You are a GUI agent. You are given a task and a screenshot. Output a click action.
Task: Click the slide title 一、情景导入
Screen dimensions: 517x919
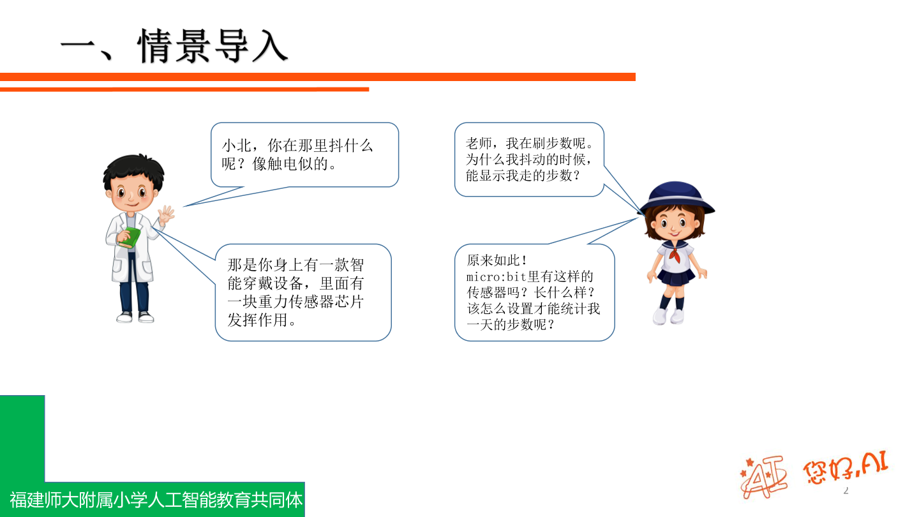pyautogui.click(x=174, y=47)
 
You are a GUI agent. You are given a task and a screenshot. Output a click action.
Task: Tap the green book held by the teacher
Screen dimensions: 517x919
pyautogui.click(x=130, y=237)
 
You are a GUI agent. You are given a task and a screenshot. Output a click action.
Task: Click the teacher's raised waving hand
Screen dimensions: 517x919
pyautogui.click(x=166, y=214)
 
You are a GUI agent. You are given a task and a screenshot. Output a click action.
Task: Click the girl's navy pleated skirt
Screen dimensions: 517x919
pyautogui.click(x=676, y=276)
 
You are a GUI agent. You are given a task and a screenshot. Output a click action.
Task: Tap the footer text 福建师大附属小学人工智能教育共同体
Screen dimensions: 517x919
pyautogui.click(x=156, y=500)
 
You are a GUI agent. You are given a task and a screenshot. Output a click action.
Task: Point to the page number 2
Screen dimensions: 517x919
pyautogui.click(x=846, y=491)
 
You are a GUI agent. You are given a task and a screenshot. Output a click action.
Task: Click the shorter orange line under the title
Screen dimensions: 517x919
pyautogui.click(x=184, y=89)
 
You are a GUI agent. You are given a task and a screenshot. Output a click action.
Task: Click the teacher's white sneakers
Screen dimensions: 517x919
pyautogui.click(x=135, y=317)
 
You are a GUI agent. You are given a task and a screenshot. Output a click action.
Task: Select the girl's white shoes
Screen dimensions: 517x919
pyautogui.click(x=668, y=315)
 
